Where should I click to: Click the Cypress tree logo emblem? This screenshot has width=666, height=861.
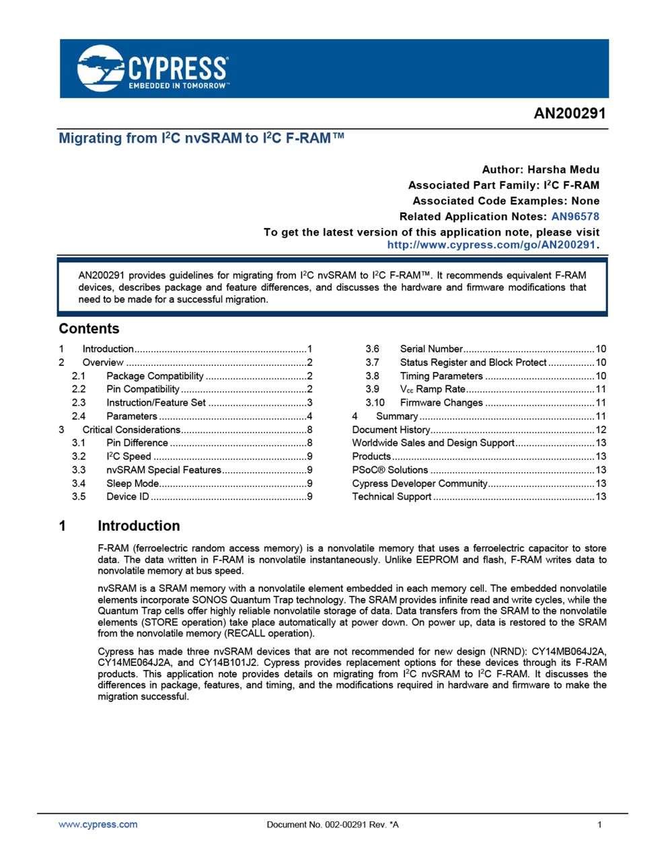[101, 68]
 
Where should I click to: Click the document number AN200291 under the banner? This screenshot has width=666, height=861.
[569, 113]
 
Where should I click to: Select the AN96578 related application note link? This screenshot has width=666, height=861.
[575, 217]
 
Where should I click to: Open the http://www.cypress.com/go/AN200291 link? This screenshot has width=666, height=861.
[491, 245]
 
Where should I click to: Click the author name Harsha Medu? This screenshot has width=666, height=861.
[563, 170]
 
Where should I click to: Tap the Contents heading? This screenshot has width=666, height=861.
[89, 329]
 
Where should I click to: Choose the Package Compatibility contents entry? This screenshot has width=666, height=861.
[155, 376]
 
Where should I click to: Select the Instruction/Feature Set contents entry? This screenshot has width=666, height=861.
[156, 403]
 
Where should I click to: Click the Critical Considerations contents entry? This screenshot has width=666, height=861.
[131, 430]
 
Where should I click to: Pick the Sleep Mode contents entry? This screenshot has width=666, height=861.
[133, 484]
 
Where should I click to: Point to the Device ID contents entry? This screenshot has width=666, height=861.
[128, 497]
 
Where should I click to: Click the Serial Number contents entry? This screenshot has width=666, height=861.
[431, 349]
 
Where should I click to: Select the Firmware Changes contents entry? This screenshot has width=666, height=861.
[441, 403]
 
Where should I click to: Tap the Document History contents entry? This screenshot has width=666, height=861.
[391, 430]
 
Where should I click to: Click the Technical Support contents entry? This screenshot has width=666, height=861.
[392, 497]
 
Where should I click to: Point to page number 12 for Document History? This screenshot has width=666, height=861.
[601, 430]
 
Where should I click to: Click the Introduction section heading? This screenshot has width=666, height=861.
[139, 526]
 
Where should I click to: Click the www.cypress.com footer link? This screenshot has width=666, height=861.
[98, 825]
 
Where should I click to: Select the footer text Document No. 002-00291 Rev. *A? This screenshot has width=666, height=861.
[332, 825]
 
